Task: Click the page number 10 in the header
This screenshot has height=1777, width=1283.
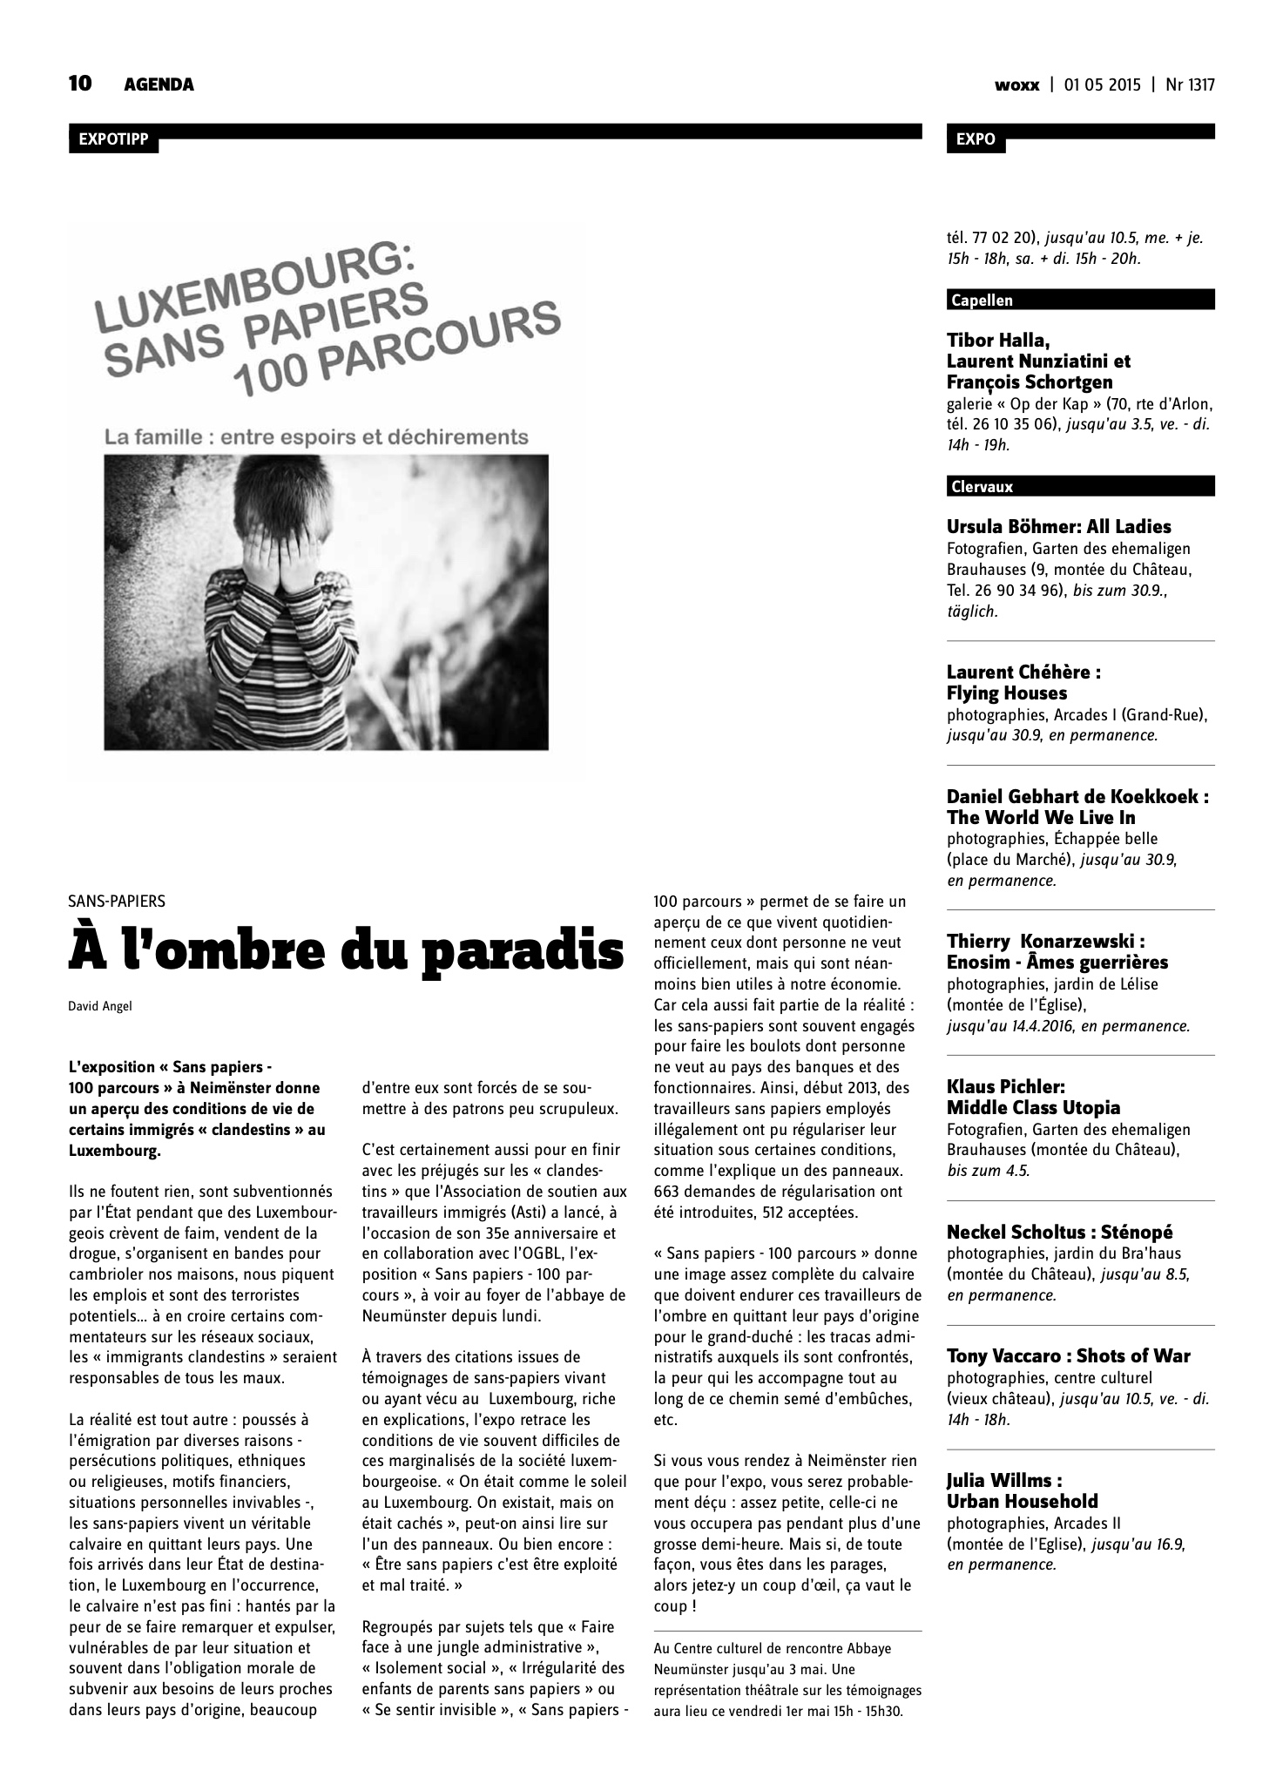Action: [x=80, y=84]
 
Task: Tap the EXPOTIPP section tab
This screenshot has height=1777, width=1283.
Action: [x=113, y=139]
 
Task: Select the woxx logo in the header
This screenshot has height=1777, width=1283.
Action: [x=1016, y=85]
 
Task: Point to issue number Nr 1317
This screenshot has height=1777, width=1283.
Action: [x=1190, y=85]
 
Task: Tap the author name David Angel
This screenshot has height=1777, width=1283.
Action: [x=100, y=1007]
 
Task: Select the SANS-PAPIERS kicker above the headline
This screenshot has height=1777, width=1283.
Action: [x=117, y=902]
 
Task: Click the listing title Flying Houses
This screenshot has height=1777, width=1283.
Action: [x=1006, y=693]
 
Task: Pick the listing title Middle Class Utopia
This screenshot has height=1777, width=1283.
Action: [x=1033, y=1108]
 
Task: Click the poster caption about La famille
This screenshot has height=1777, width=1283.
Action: [x=316, y=436]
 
